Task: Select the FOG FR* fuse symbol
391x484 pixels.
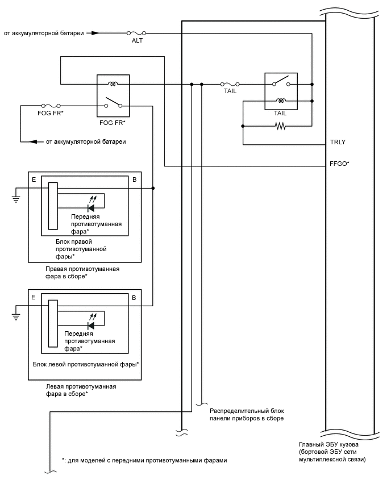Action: click(51, 105)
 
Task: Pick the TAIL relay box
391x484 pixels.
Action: click(280, 91)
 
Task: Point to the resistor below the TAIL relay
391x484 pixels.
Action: click(280, 126)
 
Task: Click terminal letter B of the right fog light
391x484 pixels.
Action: click(134, 179)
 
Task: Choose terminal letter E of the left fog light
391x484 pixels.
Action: click(35, 297)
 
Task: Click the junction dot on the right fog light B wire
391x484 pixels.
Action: click(153, 187)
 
